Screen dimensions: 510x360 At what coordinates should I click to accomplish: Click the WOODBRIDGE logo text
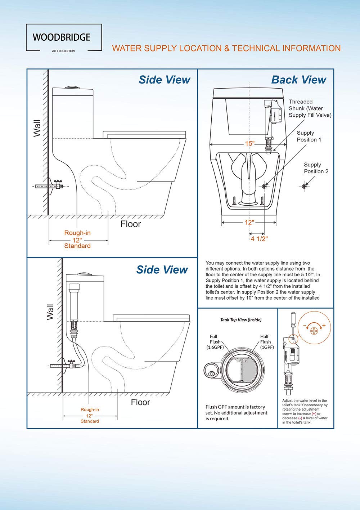(x=62, y=37)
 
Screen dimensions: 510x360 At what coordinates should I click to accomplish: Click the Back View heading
(x=298, y=80)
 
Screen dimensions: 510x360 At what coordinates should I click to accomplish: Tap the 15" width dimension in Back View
(x=249, y=144)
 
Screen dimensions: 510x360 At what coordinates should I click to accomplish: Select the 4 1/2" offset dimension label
(x=259, y=239)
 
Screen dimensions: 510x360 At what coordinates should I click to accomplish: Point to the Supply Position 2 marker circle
(x=304, y=186)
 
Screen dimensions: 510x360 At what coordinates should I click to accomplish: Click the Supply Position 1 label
(x=309, y=136)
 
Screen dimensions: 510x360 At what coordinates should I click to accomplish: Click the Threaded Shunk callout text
(x=310, y=108)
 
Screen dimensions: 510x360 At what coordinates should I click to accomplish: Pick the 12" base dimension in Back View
(x=249, y=223)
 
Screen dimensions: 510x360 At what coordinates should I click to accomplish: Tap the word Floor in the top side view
(x=130, y=224)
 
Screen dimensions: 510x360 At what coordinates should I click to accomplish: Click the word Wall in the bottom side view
(x=50, y=312)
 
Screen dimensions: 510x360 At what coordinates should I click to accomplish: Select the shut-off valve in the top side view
(x=57, y=185)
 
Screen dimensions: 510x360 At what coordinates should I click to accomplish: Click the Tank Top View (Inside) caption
(x=241, y=320)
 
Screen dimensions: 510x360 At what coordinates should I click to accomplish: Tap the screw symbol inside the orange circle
(x=314, y=330)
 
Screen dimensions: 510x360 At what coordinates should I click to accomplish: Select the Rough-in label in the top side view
(x=77, y=233)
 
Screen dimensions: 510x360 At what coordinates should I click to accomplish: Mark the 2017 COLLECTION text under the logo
(x=63, y=51)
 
